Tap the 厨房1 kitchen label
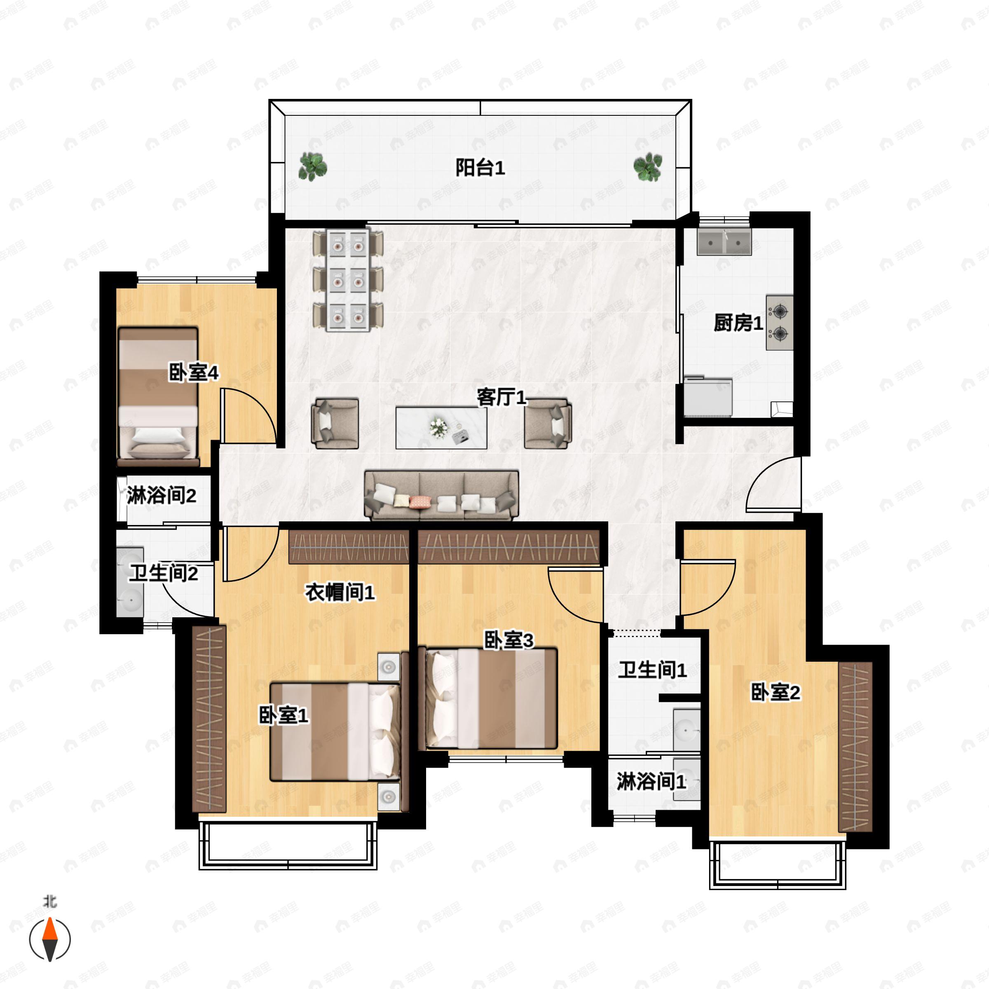[x=738, y=323]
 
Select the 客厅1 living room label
[x=502, y=397]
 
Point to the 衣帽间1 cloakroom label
[x=340, y=592]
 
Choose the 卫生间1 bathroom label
[x=652, y=670]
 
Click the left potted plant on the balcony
[x=313, y=167]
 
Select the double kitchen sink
[x=724, y=243]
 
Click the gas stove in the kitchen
[x=780, y=323]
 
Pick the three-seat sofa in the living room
[x=441, y=495]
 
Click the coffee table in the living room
[x=441, y=427]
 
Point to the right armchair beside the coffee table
[x=548, y=423]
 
